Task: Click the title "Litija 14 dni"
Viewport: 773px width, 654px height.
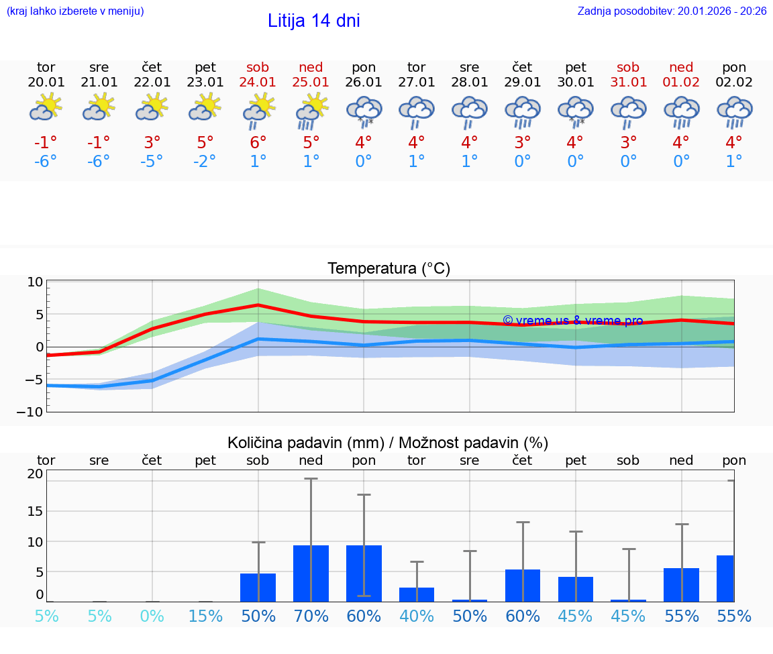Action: (313, 21)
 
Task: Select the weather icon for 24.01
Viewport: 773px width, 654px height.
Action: (258, 111)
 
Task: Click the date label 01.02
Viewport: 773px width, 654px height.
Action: (681, 83)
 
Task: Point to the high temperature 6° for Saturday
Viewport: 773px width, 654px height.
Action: (258, 143)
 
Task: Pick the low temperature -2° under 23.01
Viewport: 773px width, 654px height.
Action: (205, 162)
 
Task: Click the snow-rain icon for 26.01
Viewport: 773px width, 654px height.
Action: (364, 111)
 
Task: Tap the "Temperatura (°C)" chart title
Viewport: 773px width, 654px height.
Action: (389, 269)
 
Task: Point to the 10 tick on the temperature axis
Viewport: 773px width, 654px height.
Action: (36, 282)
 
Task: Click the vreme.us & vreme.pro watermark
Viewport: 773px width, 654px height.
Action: (572, 321)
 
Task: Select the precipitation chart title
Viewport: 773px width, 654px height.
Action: (387, 443)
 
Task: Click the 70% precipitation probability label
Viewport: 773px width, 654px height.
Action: (311, 616)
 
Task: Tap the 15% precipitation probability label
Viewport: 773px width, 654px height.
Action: (205, 616)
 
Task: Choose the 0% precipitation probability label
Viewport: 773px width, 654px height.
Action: (152, 616)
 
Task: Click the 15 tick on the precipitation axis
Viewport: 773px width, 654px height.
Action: (35, 511)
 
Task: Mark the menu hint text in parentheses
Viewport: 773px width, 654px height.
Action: (74, 11)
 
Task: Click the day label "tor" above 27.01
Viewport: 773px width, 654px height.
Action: (416, 68)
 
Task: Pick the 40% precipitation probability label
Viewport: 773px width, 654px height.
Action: (417, 616)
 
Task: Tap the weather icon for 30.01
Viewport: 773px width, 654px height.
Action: (575, 111)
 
